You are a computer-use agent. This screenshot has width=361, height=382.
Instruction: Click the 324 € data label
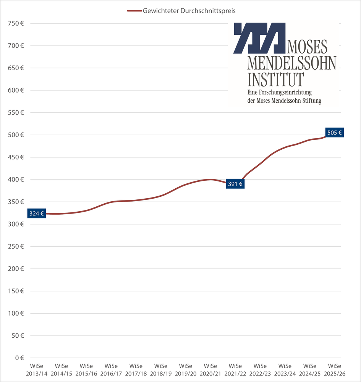click(37, 214)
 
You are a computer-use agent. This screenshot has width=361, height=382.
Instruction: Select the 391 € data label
click(235, 184)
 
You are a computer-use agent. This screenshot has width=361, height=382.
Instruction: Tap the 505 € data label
click(335, 133)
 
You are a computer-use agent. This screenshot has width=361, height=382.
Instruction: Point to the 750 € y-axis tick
click(16, 24)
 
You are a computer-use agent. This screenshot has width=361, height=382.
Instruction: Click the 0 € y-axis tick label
click(19, 358)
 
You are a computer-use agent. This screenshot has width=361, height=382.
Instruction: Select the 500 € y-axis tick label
click(16, 135)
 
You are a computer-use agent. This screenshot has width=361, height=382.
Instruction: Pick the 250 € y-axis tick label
click(16, 246)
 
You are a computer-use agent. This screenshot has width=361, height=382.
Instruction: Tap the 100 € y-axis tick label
click(16, 313)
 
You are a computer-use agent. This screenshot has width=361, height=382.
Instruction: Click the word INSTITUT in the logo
click(276, 79)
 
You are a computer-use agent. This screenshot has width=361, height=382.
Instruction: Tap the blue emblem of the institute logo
click(259, 38)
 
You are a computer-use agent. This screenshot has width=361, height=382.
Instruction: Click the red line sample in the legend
click(134, 11)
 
